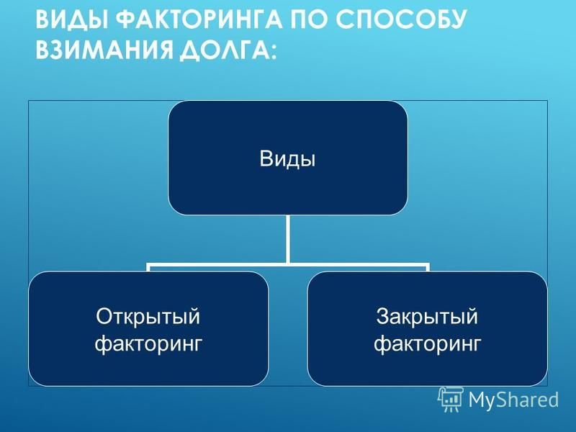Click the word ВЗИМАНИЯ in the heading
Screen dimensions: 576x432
click(x=104, y=49)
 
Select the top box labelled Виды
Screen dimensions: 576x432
click(x=287, y=158)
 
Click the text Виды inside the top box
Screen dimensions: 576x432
click(x=287, y=158)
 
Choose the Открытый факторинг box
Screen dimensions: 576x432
click(x=148, y=329)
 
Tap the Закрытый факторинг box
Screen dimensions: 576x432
click(x=427, y=329)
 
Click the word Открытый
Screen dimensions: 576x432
click(x=148, y=316)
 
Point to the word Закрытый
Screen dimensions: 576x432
click(x=427, y=316)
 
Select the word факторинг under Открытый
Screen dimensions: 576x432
click(x=148, y=344)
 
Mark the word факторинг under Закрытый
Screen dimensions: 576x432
click(x=427, y=344)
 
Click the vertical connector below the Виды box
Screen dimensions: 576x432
click(x=287, y=239)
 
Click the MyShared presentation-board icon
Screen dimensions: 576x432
click(x=451, y=399)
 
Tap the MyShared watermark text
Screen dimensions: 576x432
click(x=513, y=400)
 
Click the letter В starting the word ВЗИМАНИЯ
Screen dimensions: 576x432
click(x=43, y=49)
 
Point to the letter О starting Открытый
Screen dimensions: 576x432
click(x=104, y=316)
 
